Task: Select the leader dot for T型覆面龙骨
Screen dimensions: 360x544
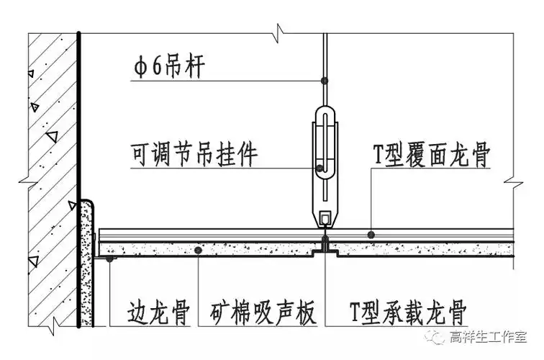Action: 370,234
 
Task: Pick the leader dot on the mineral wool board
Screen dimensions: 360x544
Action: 199,250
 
